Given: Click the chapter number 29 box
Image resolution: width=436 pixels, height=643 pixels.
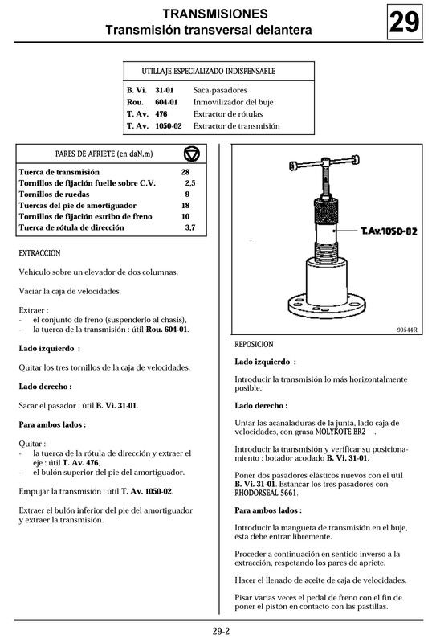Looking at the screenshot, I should click(404, 23).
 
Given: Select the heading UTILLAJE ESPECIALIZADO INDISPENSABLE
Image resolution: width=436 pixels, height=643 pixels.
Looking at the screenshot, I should click(208, 72).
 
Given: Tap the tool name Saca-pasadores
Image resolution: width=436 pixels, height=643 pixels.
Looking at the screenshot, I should click(220, 90).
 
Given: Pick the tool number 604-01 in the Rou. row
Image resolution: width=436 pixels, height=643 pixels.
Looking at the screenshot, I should click(167, 102).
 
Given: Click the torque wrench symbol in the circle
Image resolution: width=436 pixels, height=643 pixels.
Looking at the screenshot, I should click(191, 154).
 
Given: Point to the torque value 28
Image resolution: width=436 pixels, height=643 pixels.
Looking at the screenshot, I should click(185, 173).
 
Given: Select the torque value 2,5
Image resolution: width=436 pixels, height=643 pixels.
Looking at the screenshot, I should click(189, 184).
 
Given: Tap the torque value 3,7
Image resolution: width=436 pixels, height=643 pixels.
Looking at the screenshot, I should click(189, 228).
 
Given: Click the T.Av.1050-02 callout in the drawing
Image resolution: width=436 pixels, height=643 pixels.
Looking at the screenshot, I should click(389, 231).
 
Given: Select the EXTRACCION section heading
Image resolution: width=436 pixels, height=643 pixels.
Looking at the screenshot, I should click(39, 252).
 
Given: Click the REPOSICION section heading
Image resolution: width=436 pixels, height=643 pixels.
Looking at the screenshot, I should click(254, 344).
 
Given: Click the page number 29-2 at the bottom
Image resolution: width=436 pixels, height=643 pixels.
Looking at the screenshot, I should click(221, 630).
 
